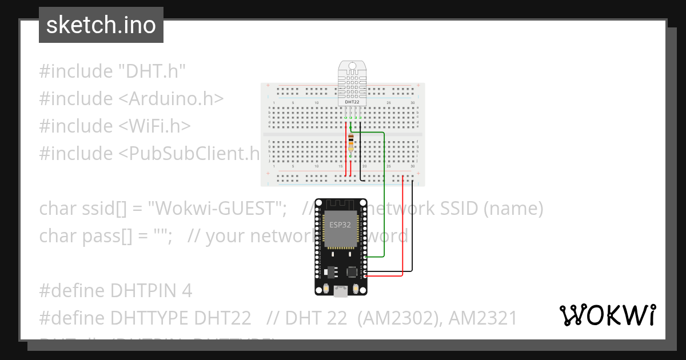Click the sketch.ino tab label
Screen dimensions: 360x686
point(101,25)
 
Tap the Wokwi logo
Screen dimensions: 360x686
point(607,315)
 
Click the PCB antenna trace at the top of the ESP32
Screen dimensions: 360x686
point(341,205)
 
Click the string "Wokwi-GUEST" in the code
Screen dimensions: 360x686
point(217,209)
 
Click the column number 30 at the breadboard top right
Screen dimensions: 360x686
point(412,103)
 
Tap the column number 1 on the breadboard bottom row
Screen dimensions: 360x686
point(274,166)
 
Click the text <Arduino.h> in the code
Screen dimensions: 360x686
point(171,99)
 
